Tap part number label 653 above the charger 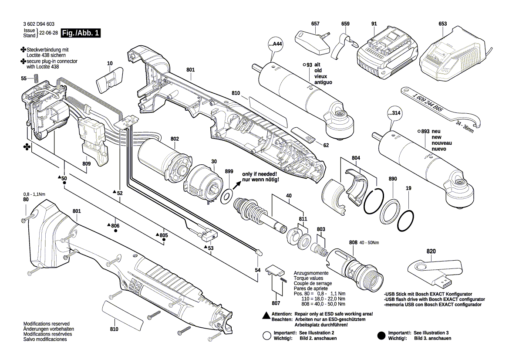443,24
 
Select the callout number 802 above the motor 175,139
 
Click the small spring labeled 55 37,79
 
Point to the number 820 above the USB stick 431,251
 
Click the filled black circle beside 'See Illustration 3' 381,335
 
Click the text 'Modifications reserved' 47,324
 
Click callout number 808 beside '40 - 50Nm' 353,242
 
